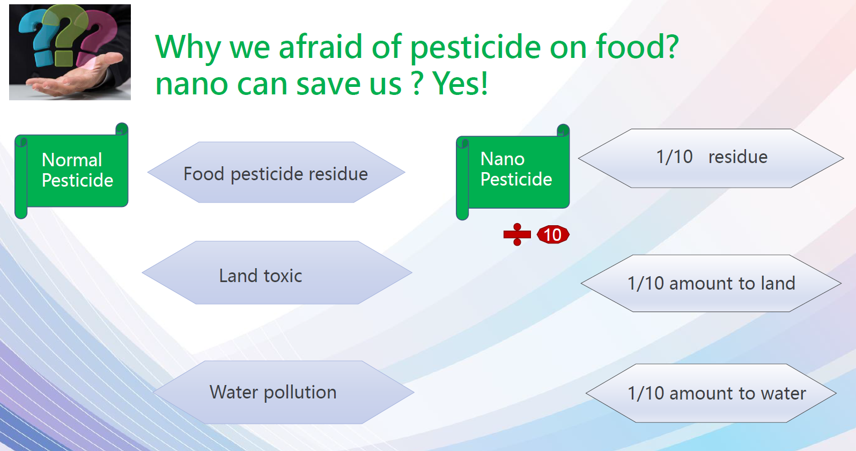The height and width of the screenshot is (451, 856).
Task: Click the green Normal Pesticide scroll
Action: pos(71,171)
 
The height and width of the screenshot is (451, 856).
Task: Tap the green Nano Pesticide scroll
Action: pos(513,172)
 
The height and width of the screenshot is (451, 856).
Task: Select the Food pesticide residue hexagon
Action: pos(276,172)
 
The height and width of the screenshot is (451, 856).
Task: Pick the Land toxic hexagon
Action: pos(277,272)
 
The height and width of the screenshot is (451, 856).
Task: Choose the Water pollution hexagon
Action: pos(283,392)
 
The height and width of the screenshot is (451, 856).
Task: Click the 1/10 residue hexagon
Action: pos(711,158)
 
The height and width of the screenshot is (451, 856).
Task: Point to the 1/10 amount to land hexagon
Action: pos(711,283)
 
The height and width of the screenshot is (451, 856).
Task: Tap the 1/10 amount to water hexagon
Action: pos(711,393)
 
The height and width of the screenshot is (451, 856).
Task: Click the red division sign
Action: pos(517,234)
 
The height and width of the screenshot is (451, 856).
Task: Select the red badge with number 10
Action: pos(553,235)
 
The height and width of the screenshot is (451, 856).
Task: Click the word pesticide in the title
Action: pos(475,47)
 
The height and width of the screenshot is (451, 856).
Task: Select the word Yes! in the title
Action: pos(460,84)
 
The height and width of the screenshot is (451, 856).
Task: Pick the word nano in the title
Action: pos(191,85)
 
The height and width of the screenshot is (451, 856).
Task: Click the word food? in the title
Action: pos(637,46)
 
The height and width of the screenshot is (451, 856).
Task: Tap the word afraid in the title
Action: pos(320,46)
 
